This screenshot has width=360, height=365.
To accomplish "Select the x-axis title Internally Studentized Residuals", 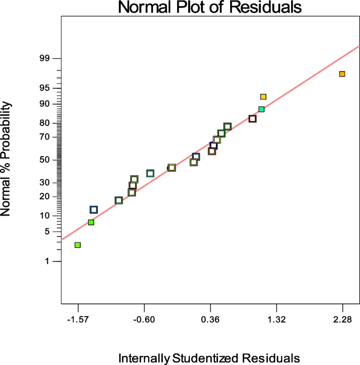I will [x=210, y=358].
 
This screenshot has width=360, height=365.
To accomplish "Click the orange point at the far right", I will [x=342, y=74].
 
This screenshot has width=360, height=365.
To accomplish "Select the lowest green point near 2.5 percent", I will [x=78, y=245].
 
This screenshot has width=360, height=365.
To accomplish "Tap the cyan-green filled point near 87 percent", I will [x=261, y=109].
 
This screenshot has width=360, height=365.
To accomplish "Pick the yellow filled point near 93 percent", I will [x=263, y=97].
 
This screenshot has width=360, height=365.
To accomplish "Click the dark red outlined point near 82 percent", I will [x=252, y=119].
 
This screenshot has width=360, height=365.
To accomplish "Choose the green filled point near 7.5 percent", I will [x=91, y=222].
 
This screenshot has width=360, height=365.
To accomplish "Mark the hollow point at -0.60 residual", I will [x=150, y=174].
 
